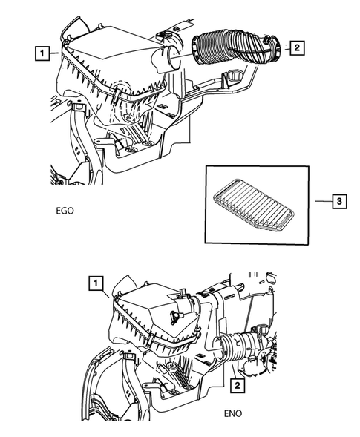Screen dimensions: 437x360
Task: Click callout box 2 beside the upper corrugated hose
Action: (295, 48)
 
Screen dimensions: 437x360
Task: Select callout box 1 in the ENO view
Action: (94, 282)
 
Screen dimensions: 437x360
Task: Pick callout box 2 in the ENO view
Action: (237, 386)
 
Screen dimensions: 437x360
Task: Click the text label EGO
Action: (64, 210)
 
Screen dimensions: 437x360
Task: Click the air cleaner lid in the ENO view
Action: (148, 300)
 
